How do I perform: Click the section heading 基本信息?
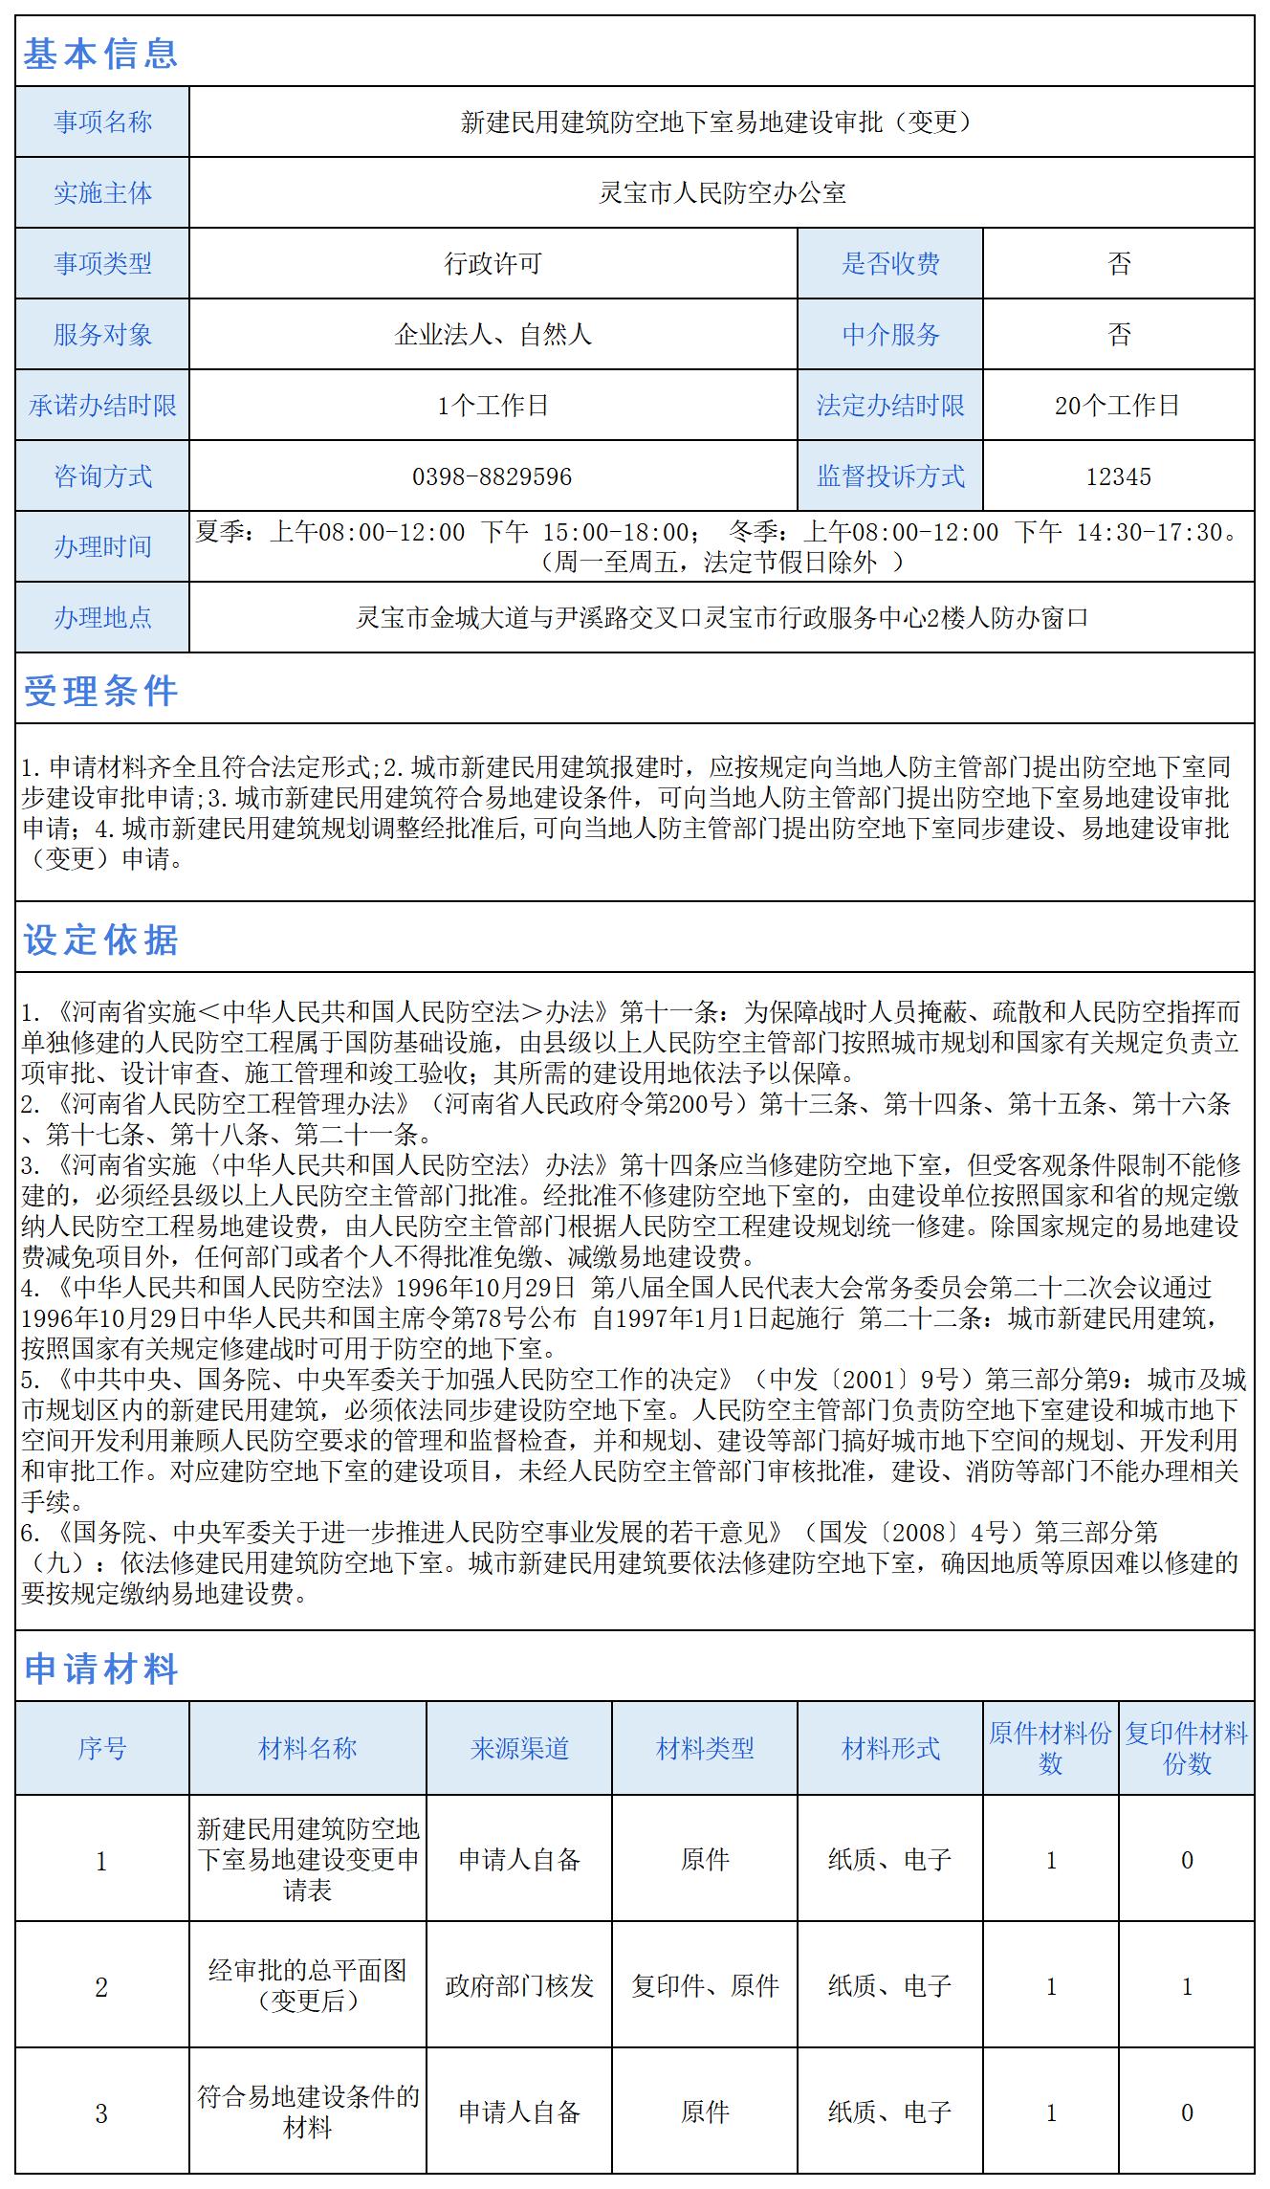(x=100, y=54)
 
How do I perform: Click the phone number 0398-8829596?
(x=492, y=476)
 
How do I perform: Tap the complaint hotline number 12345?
(x=1118, y=476)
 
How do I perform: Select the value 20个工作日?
(x=1118, y=406)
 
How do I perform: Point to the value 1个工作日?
(x=492, y=406)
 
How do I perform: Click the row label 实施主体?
(x=102, y=193)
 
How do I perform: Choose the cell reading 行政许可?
(x=492, y=264)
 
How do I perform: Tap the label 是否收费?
(x=890, y=264)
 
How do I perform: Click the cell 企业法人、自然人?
(x=492, y=335)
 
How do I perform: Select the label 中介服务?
(x=890, y=335)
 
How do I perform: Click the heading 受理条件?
(x=100, y=691)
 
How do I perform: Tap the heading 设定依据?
(x=100, y=940)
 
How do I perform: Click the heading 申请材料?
(x=100, y=1669)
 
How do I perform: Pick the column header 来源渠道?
(x=519, y=1749)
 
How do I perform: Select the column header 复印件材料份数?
(x=1186, y=1749)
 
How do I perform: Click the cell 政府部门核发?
(x=519, y=1986)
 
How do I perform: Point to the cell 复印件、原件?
(x=705, y=1986)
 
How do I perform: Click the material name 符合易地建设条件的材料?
(x=308, y=2112)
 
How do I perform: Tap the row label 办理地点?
(x=102, y=618)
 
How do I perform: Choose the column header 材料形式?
(x=890, y=1749)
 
